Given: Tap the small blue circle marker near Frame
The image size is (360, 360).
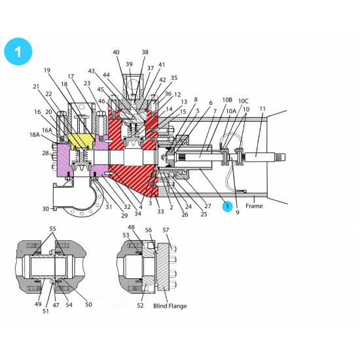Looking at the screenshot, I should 227,206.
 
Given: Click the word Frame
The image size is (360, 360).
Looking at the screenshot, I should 255,206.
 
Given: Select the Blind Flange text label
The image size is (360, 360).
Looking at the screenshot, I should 170,306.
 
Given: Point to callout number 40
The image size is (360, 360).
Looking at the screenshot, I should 117,52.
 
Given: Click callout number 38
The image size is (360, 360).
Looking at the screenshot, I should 145,52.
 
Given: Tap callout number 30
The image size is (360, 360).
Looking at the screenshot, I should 46,208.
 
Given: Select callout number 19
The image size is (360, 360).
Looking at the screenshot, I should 47,71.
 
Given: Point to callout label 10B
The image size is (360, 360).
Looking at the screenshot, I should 227,100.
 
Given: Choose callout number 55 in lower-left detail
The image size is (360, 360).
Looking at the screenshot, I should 52,228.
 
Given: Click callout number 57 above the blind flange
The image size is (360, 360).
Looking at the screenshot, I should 166,230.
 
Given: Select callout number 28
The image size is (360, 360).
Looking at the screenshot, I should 45,153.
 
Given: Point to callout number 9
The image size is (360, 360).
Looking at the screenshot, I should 238,213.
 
